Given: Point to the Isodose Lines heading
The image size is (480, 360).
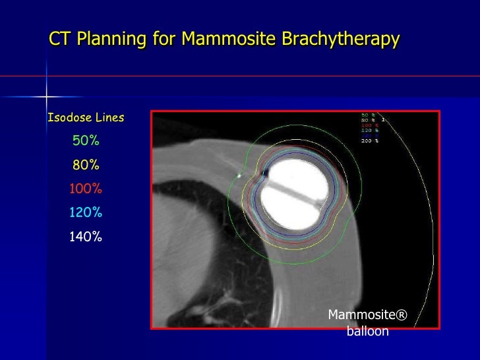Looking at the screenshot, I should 86,118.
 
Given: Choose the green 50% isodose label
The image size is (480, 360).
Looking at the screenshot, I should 86,140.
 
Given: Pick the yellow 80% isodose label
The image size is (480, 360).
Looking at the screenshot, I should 86,165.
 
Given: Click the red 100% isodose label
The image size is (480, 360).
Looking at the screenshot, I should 86,189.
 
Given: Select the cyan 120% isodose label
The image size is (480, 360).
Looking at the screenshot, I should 86,212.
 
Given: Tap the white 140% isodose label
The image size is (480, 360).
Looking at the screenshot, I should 86,237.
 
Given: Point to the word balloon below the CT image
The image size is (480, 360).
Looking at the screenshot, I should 367,331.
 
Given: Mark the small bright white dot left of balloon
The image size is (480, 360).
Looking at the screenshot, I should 238,176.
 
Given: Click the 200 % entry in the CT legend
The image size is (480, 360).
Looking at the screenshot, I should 369,141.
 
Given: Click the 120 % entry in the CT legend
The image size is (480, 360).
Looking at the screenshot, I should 369,131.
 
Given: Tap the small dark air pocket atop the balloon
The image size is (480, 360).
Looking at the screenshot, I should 265,173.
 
